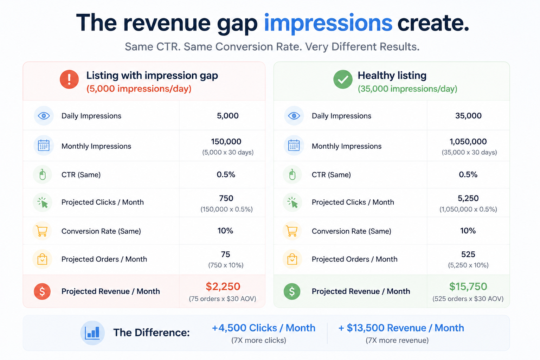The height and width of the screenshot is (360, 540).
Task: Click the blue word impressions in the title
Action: [x=328, y=24]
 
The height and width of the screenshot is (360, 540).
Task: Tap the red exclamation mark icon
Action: [x=69, y=79]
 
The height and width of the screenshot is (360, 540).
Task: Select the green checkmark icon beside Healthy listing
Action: [x=343, y=79]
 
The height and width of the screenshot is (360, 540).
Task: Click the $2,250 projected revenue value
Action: [x=223, y=287]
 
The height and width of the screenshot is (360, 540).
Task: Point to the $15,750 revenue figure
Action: [x=468, y=287]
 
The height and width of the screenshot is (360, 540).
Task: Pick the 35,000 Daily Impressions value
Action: [x=468, y=116]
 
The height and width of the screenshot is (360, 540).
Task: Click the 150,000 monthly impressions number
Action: [x=226, y=142]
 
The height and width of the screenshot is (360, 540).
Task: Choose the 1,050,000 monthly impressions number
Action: [x=468, y=142]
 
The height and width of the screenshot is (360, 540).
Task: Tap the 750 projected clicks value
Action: [x=226, y=198]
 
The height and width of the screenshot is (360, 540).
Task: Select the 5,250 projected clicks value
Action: [x=468, y=198]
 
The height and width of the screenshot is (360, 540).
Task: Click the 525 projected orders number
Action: [x=468, y=255]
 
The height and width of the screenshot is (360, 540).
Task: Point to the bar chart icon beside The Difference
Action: [x=92, y=333]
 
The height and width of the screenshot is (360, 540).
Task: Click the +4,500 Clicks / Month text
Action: [x=263, y=328]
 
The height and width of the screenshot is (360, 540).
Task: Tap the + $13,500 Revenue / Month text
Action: [x=401, y=328]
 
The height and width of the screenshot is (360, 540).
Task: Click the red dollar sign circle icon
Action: [x=42, y=291]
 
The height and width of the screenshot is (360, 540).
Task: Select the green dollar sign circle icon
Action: [x=292, y=291]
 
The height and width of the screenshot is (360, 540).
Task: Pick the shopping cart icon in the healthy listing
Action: [x=292, y=231]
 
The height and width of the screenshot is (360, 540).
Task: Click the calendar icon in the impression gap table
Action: [x=44, y=146]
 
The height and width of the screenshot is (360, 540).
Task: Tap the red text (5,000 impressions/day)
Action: [x=139, y=89]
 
